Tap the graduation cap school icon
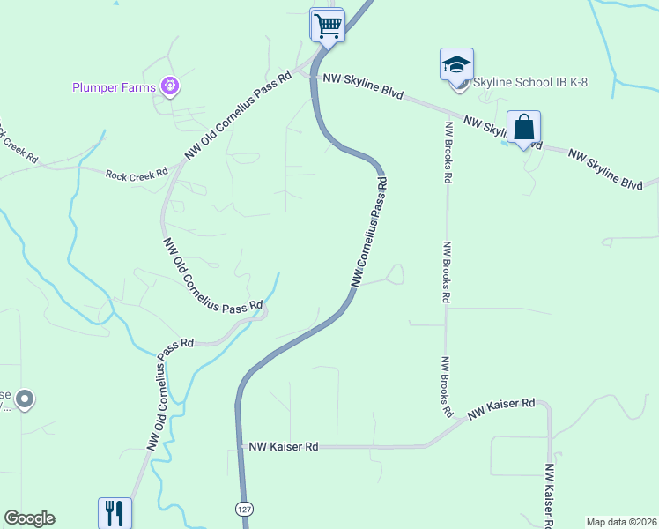(456, 65)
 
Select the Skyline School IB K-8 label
(530, 82)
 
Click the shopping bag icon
(523, 127)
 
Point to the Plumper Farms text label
(113, 86)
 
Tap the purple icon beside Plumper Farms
(170, 86)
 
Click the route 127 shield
(243, 510)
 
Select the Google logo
(29, 518)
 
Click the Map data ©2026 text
(621, 522)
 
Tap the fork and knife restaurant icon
(115, 512)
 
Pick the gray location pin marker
(25, 400)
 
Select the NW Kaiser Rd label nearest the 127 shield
(283, 447)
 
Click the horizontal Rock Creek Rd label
(137, 175)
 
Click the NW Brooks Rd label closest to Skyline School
(448, 148)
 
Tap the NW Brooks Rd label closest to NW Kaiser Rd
(447, 386)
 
